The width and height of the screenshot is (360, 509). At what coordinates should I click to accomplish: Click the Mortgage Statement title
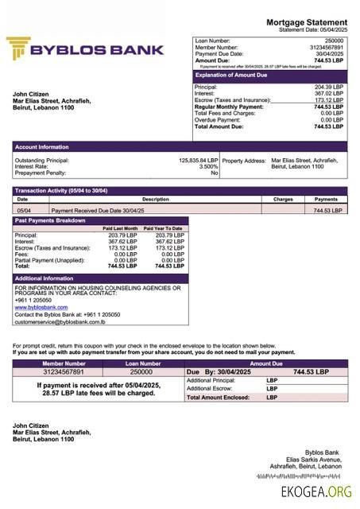(x=306, y=22)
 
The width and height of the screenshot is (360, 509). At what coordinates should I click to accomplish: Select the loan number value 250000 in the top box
(x=335, y=40)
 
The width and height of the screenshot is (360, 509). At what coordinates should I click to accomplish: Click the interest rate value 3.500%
(x=208, y=166)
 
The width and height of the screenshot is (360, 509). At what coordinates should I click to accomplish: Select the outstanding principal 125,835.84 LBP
(x=198, y=160)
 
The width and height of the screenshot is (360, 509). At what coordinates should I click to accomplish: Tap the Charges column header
(x=283, y=200)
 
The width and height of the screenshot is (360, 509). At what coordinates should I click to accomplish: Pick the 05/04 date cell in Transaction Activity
(x=24, y=211)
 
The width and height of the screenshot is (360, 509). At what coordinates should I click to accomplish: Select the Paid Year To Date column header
(x=164, y=228)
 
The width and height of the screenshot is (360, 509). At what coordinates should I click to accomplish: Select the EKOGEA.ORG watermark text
(x=315, y=492)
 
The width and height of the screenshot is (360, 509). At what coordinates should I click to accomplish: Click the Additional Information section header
(x=45, y=278)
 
